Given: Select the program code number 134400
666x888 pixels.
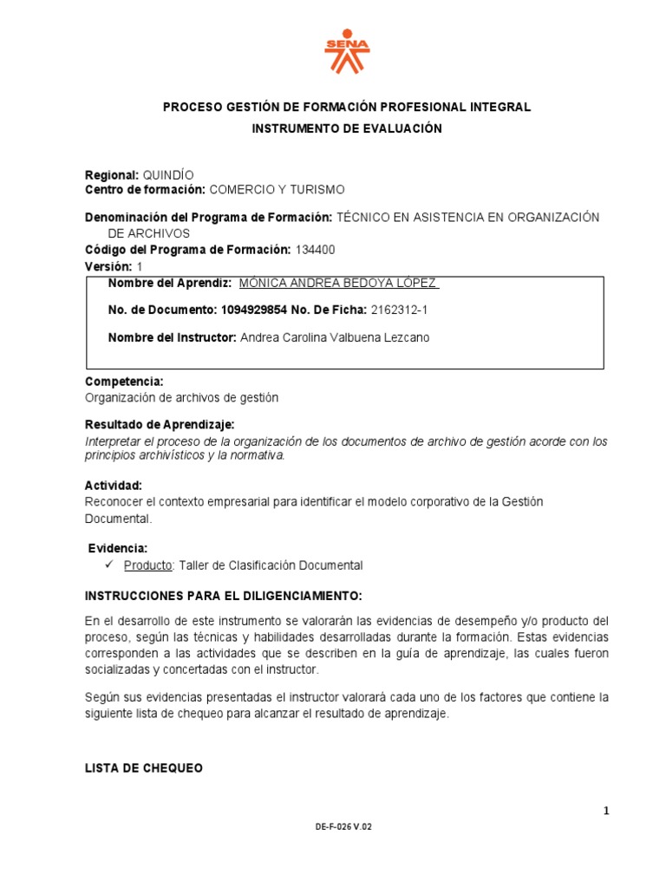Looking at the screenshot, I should click(x=315, y=250).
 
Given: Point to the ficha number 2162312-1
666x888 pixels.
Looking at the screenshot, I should click(x=399, y=310).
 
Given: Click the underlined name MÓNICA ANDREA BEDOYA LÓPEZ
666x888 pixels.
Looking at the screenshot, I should click(x=338, y=284).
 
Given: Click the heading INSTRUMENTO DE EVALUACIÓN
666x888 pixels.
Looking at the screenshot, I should click(x=346, y=128).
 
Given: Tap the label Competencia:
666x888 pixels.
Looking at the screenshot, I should click(x=124, y=382).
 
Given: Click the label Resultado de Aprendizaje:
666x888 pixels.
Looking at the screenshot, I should click(x=160, y=424).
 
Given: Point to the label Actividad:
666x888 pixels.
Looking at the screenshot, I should click(x=114, y=485).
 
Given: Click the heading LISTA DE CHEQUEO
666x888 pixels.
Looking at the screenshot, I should click(x=144, y=768).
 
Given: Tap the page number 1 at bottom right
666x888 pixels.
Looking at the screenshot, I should click(x=607, y=811).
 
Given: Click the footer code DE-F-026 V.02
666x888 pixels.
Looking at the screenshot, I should click(x=343, y=827).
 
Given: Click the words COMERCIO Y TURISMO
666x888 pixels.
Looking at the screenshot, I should click(x=277, y=189).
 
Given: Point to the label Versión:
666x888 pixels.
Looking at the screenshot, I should click(x=108, y=266).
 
